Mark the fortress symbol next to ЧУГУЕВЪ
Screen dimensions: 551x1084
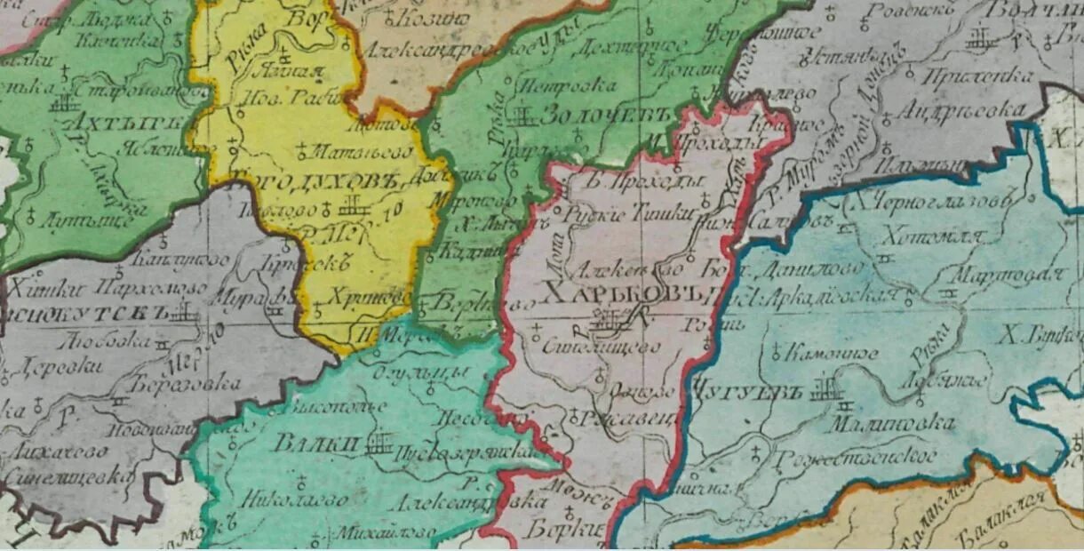tap(825, 388)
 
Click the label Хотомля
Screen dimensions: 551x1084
tap(931, 236)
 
